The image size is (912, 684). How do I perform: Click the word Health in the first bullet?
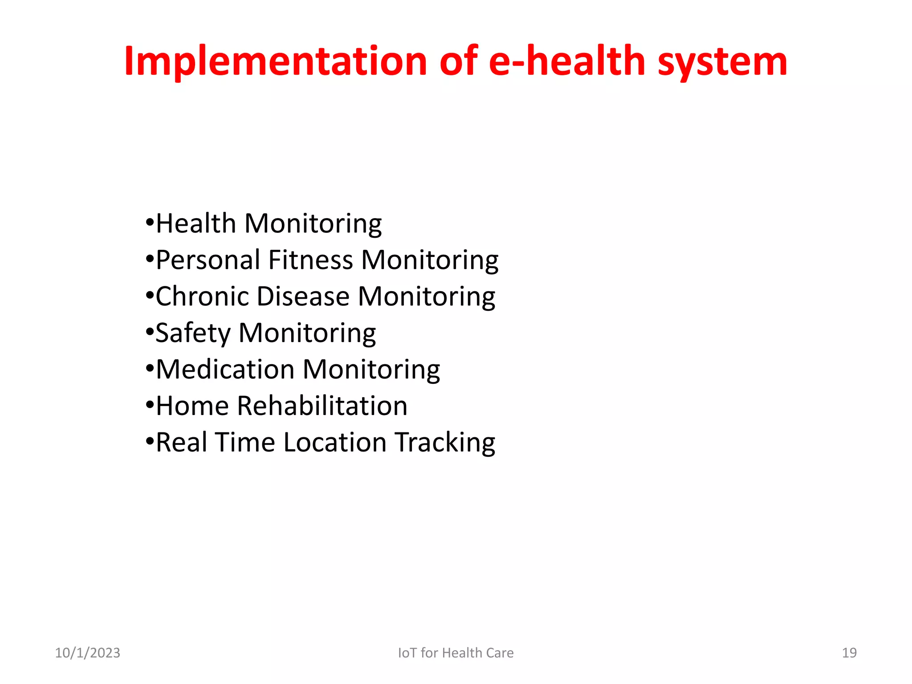[x=196, y=223]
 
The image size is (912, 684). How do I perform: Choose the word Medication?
[x=225, y=370]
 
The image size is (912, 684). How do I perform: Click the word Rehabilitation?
[x=322, y=406]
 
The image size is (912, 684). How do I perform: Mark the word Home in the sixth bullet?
[x=192, y=406]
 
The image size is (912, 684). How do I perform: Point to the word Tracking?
[x=445, y=443]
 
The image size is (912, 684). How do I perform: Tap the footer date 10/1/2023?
[x=87, y=653]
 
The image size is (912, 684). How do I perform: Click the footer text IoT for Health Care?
[x=456, y=653]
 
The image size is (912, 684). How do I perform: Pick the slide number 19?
[x=849, y=653]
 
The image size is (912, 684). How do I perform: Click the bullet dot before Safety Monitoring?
[x=150, y=332]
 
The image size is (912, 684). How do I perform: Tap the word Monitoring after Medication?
[x=371, y=370]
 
